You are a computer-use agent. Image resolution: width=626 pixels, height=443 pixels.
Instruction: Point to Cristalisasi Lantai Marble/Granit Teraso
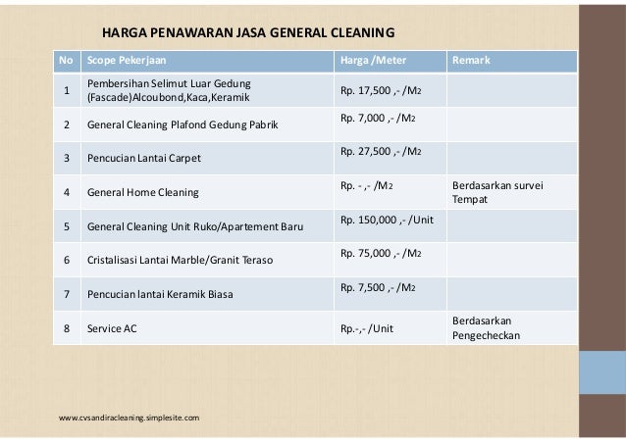coord(180,262)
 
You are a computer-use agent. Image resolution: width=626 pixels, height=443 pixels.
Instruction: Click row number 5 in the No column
coord(67,227)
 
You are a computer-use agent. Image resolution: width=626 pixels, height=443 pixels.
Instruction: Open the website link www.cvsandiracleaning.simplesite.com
coord(130,418)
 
